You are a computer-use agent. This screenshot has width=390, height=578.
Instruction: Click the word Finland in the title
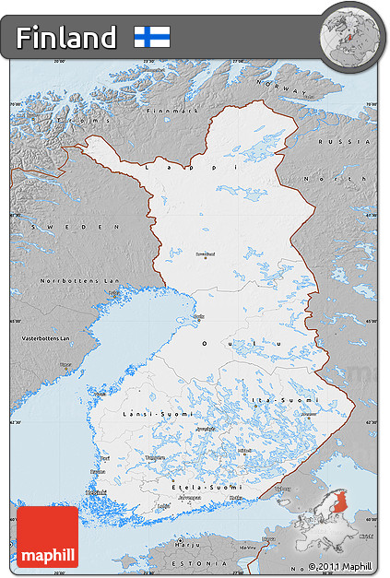[66, 38]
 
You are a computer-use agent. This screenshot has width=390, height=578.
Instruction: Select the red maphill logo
[47, 537]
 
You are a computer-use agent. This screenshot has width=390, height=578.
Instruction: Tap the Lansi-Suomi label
[147, 415]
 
